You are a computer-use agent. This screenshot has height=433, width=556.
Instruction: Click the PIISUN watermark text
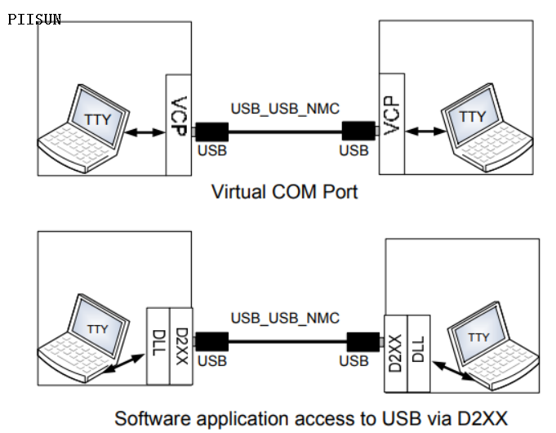(x=34, y=19)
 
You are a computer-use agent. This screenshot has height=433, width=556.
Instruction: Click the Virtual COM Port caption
(x=284, y=192)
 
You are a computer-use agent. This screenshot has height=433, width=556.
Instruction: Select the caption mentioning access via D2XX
(x=310, y=418)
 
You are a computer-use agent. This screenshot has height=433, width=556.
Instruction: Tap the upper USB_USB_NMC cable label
(x=285, y=108)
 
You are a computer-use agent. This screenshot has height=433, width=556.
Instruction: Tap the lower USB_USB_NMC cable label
(x=285, y=318)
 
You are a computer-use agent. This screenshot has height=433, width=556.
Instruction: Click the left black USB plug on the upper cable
(x=212, y=131)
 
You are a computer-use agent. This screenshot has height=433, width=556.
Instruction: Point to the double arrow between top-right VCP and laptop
(x=425, y=130)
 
